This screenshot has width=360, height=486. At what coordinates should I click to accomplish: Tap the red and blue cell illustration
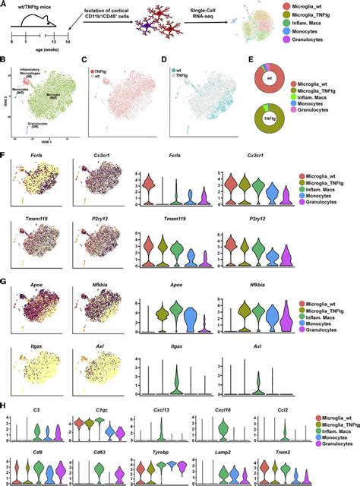157,33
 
